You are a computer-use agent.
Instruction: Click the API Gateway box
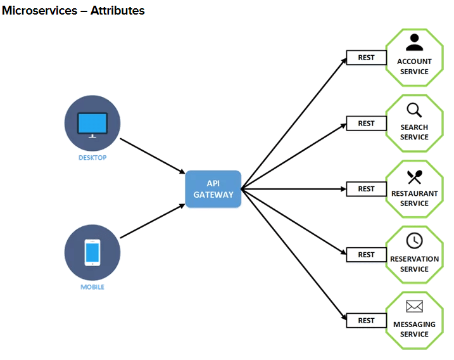point(213,189)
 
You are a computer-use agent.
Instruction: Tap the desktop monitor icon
point(92,124)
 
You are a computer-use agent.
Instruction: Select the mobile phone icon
point(92,252)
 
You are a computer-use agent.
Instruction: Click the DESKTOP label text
point(92,158)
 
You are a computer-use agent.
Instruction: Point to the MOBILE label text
point(92,287)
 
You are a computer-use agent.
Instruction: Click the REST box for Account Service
point(366,58)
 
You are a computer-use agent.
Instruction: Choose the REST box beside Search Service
point(366,124)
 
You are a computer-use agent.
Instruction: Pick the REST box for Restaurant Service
point(366,189)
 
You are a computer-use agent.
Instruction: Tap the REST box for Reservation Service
point(366,255)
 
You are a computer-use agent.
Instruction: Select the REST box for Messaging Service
point(366,321)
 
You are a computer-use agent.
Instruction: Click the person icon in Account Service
point(414,42)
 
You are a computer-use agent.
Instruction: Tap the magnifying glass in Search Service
point(414,110)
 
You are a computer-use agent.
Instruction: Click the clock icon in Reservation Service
point(414,241)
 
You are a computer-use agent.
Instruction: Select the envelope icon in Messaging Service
point(414,307)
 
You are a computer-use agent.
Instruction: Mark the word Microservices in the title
point(35,11)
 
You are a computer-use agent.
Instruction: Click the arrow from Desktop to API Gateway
point(152,155)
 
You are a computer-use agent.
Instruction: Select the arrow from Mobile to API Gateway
point(152,222)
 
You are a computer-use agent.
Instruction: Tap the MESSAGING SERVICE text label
point(414,330)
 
